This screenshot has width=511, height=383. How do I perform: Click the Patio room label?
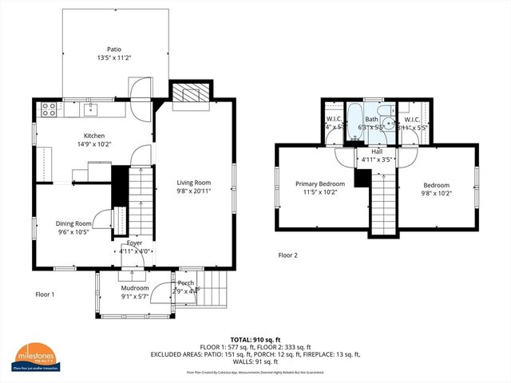coord(113,49)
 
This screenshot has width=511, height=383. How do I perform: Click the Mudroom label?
coord(134,288)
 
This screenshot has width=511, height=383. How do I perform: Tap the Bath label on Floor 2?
coord(372,119)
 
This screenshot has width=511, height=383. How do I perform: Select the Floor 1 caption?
coord(45,294)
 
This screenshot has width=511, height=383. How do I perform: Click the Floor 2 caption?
coord(287,255)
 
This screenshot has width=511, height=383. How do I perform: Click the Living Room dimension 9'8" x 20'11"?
coord(194,191)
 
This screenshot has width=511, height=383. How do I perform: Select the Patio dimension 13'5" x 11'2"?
coord(113,57)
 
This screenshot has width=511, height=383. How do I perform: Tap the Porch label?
coord(186,282)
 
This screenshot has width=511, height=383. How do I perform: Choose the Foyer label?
coord(134,243)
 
